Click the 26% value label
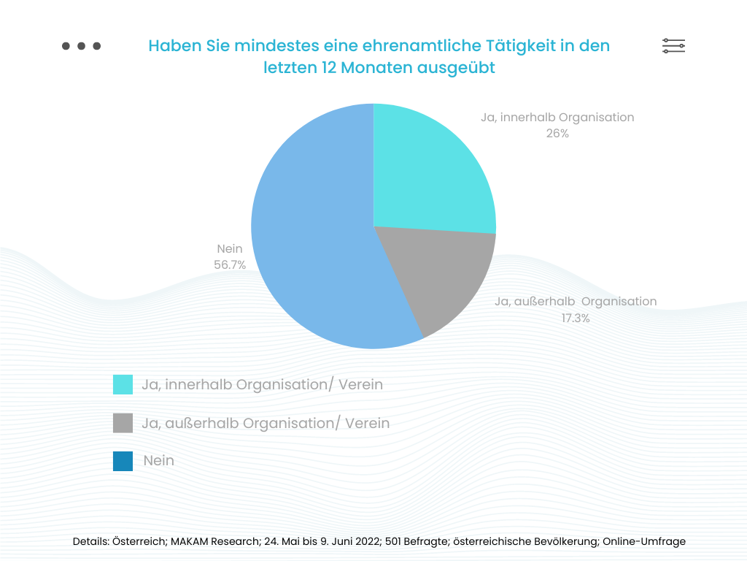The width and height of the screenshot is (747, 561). (557, 134)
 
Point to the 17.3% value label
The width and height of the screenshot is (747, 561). (576, 318)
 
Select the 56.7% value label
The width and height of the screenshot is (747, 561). (230, 265)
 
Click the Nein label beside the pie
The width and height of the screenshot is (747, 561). (230, 249)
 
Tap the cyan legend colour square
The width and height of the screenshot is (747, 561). (123, 384)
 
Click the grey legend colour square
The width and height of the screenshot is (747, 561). (123, 423)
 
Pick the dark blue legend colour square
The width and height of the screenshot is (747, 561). (123, 461)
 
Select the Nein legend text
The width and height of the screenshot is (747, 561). (159, 461)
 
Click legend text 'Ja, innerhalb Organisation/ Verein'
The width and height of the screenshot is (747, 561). (262, 384)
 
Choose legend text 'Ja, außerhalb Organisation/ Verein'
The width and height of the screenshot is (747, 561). (266, 423)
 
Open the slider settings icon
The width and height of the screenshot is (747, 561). (673, 46)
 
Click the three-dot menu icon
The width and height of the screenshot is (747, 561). (81, 46)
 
